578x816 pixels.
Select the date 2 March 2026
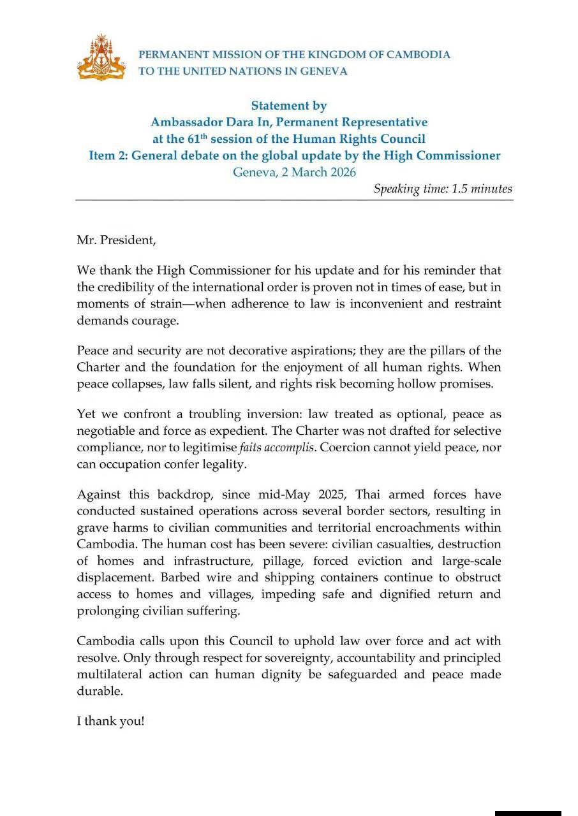317,172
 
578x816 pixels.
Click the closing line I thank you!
111,723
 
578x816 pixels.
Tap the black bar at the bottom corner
528,813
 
